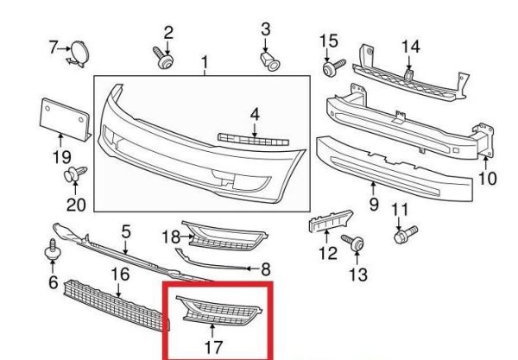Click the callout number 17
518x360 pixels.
coord(214,347)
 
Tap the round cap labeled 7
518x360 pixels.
coord(79,54)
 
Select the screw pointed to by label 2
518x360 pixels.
coord(164,59)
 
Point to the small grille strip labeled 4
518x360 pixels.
coord(253,140)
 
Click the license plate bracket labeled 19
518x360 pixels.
coord(65,120)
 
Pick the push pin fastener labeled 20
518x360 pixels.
coord(75,174)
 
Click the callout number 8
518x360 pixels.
coord(266,269)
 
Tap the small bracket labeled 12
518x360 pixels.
coord(331,221)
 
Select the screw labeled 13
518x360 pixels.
coord(353,243)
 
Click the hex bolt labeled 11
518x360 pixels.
coord(406,234)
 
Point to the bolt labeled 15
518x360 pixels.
coord(333,67)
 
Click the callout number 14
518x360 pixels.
coord(410,47)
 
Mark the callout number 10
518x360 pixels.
coord(487,179)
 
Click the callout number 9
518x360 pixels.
coord(374,205)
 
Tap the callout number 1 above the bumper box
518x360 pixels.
coord(205,62)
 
